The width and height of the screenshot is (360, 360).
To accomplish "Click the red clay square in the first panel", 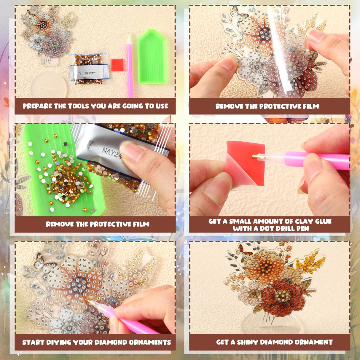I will coord(117,65).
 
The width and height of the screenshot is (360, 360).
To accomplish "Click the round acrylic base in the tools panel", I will coord(48,84).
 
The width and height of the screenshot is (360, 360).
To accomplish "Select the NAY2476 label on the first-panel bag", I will coord(91,73).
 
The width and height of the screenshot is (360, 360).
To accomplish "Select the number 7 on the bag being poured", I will coord(91,144).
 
